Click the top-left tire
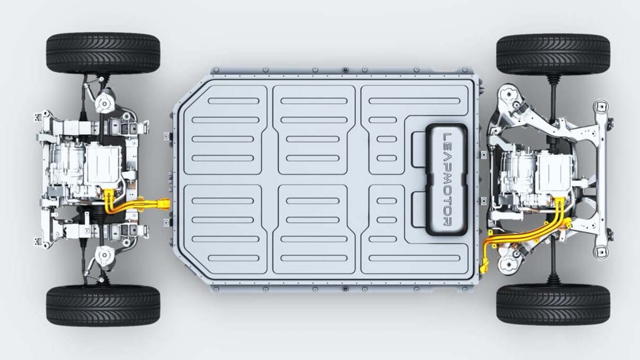point(103,53)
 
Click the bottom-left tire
point(103,306)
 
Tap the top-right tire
point(553,54)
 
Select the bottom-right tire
point(553,305)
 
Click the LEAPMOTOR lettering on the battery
point(447,180)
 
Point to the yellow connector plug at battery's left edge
point(165,204)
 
